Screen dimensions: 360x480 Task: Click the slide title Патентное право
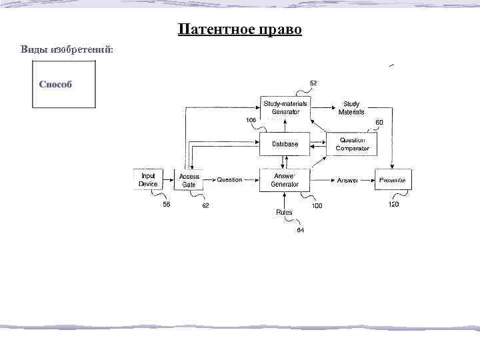click(x=240, y=31)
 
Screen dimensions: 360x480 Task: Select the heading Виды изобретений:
click(x=67, y=50)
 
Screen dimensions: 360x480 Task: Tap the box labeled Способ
click(x=64, y=84)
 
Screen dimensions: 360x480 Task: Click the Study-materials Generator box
click(x=285, y=107)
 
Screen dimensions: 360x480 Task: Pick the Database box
click(x=285, y=144)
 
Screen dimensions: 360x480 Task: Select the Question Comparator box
click(x=352, y=144)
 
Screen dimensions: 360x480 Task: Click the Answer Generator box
click(x=285, y=180)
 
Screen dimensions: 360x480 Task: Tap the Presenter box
click(x=393, y=180)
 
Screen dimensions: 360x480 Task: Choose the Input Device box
click(x=148, y=180)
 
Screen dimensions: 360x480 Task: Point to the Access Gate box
click(x=189, y=180)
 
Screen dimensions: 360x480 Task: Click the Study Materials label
click(x=351, y=108)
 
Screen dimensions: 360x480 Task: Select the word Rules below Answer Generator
click(x=284, y=212)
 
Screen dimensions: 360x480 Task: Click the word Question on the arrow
click(x=229, y=180)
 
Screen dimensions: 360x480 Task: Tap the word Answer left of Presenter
click(x=348, y=181)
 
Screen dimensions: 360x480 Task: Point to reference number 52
click(x=313, y=83)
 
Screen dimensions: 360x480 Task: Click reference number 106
click(x=251, y=120)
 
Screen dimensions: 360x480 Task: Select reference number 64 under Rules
click(x=300, y=230)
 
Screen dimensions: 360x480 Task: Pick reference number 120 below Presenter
click(x=393, y=205)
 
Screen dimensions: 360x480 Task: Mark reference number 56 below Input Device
click(x=166, y=205)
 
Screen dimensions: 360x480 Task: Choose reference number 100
click(x=317, y=206)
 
